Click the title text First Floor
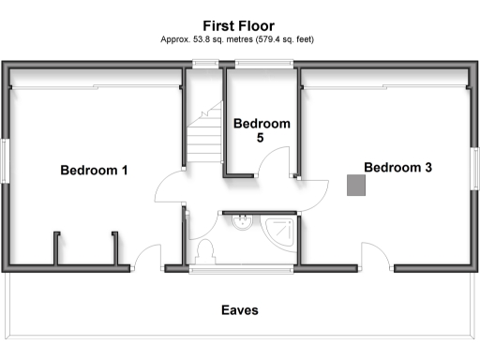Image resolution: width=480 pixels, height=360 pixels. pos(239,25)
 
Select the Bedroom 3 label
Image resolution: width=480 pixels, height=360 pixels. pos(397,168)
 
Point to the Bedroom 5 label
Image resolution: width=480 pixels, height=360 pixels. pos(262,130)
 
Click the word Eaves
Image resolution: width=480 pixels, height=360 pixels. pos(239,309)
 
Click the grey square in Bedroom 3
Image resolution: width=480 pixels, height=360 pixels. pos(355,185)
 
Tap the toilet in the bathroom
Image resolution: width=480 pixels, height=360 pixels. pos(206,252)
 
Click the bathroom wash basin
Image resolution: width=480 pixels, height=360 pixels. pos(242,221)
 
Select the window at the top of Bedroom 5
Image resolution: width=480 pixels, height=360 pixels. pos(263,64)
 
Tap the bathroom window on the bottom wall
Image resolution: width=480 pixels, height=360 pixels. pos(240,270)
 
